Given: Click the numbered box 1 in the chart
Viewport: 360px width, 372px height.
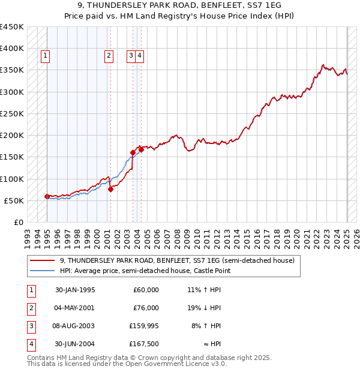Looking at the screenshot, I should [x=46, y=56].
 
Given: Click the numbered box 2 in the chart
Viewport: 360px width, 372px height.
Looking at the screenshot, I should [x=109, y=56].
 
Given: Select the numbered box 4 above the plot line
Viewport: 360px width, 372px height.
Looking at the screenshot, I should [x=139, y=56].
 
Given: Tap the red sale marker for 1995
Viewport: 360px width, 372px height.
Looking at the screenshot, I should [x=47, y=196].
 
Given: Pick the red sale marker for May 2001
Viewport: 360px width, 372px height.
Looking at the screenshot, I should [x=110, y=189].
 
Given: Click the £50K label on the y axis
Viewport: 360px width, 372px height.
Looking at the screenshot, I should [x=14, y=200].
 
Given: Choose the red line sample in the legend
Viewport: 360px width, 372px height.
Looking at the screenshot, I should [x=43, y=261].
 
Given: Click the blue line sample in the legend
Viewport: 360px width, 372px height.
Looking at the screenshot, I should [x=43, y=271].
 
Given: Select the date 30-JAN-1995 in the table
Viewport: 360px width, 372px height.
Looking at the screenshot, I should [x=75, y=290].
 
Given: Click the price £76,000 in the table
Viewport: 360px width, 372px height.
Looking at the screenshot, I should [x=145, y=308].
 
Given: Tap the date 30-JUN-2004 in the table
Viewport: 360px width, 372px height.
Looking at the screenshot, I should [x=75, y=344].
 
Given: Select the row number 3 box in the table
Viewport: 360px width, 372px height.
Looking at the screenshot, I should [x=29, y=326].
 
